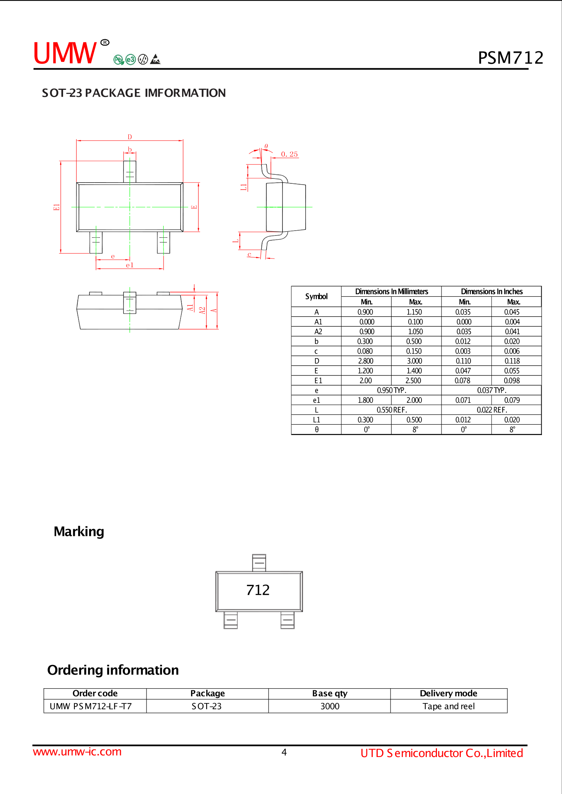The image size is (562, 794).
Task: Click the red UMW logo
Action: point(65,53)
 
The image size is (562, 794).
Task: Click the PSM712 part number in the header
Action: point(510,58)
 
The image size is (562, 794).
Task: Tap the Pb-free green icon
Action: point(118,60)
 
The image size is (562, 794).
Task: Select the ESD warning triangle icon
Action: point(155,59)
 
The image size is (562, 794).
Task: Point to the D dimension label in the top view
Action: point(130,137)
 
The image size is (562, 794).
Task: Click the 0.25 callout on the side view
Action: point(289,154)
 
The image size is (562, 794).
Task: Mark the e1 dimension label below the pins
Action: point(130,265)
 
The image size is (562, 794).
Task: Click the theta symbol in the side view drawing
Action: point(266,146)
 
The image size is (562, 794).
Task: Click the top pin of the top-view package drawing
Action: point(130,171)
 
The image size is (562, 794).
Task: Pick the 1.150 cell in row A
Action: point(414,312)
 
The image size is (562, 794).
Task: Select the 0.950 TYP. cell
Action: point(391,390)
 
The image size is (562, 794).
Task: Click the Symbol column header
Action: point(316,297)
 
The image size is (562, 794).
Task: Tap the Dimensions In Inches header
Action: point(491,291)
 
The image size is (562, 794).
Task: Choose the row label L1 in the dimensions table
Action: point(316,420)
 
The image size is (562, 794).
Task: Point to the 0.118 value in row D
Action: point(512,361)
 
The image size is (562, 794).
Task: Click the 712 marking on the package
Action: point(258,590)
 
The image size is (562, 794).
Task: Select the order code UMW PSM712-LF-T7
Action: point(91,706)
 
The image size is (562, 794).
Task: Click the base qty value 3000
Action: point(330,706)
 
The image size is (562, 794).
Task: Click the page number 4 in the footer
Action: point(284,752)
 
